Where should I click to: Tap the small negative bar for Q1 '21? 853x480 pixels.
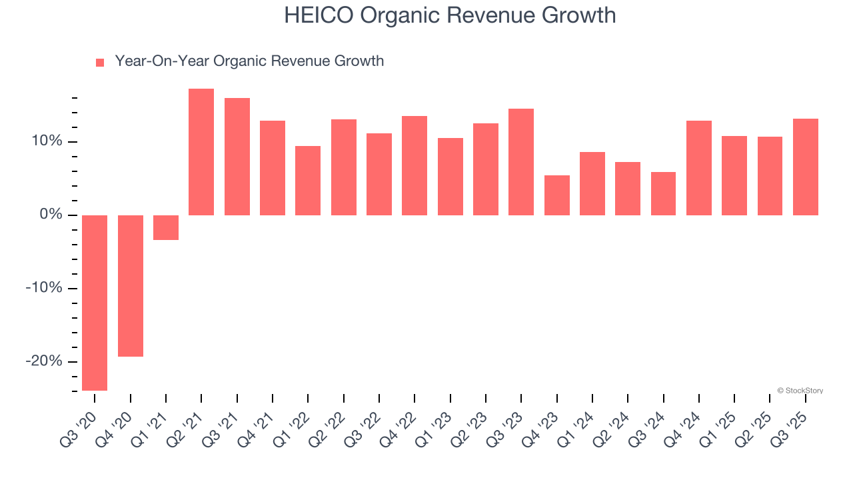click(166, 227)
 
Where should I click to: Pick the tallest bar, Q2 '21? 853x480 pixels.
click(201, 152)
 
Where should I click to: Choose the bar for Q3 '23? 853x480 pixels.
click(521, 162)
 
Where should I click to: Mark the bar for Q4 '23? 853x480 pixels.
click(557, 195)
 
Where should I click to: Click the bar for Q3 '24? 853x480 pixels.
click(663, 193)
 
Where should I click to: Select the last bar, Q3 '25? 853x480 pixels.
click(806, 167)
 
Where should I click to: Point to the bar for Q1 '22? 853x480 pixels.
click(308, 181)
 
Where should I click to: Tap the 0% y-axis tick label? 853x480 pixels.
click(51, 215)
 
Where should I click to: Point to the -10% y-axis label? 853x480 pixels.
click(44, 288)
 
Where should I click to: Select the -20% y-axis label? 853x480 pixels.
click(44, 361)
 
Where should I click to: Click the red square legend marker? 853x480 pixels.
click(100, 63)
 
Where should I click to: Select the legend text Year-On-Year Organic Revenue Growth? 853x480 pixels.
click(249, 61)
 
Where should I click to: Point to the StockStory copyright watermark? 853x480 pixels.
click(800, 391)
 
